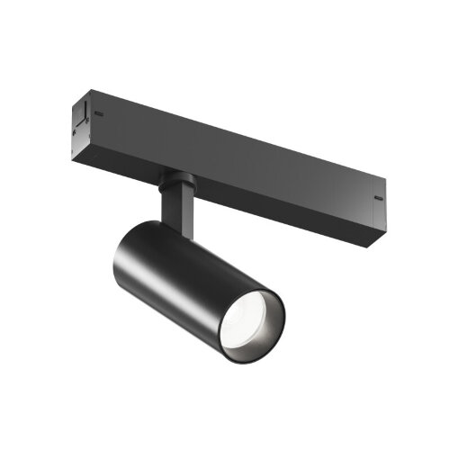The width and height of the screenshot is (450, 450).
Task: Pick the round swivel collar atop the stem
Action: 174,181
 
